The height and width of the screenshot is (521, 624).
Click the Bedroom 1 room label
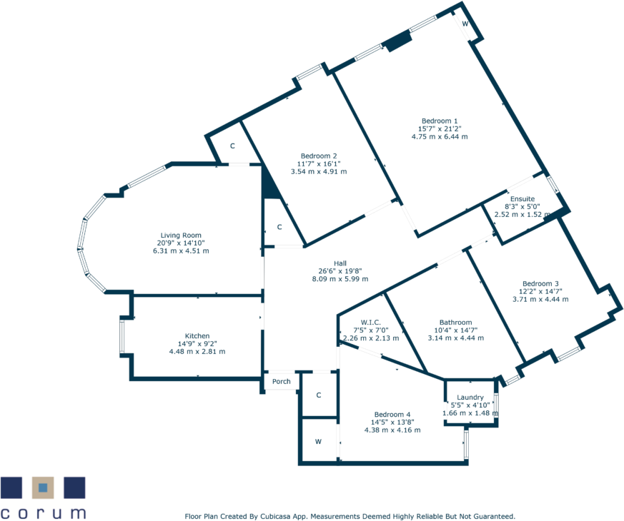coord(440,121)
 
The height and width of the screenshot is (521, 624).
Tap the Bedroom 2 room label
coord(319,156)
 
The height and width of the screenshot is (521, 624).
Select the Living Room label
coord(181,235)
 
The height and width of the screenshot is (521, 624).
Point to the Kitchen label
coord(197,335)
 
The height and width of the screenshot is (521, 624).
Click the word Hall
coord(340,262)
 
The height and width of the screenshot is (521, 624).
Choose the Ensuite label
coord(522,198)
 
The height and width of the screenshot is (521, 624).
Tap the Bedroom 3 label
coord(540,282)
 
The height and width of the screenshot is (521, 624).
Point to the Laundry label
coord(470,398)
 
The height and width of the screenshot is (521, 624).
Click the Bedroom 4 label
coord(392,414)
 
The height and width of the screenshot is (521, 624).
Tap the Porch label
coord(282,381)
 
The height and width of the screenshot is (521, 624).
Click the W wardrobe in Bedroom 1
coord(465,24)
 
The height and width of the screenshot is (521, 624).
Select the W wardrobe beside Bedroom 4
coord(318,442)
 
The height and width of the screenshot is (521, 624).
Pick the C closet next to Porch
coord(319,395)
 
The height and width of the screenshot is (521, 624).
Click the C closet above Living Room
coord(232,146)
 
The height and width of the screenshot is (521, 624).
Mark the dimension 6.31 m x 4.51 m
coord(181,251)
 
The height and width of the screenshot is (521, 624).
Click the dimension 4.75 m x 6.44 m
coord(440,136)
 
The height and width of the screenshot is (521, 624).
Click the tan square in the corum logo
coord(43,487)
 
